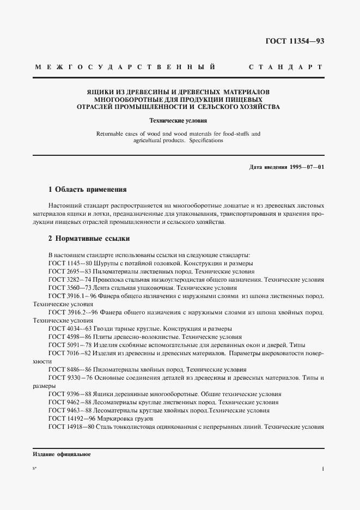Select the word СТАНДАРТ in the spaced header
(x=285, y=67)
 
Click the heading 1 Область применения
(x=87, y=190)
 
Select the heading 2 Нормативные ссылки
(x=89, y=239)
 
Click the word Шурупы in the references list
(x=108, y=263)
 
